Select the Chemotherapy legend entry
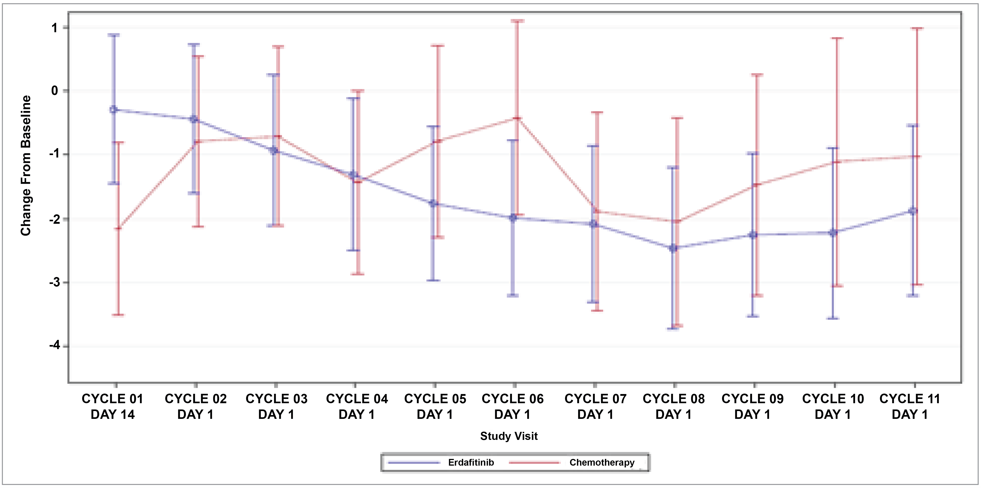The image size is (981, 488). (602, 462)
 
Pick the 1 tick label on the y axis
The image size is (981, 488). (55, 28)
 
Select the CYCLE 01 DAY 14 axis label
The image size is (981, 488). (113, 407)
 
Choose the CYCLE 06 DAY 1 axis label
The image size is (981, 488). (513, 407)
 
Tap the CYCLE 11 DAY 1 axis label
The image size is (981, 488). (910, 407)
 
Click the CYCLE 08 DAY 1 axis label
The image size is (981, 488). (674, 407)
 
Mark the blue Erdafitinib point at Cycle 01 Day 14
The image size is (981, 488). (114, 110)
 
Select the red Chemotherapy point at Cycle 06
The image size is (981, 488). (517, 118)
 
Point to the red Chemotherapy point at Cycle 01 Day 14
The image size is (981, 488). (118, 228)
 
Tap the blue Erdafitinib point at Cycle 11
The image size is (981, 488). (913, 211)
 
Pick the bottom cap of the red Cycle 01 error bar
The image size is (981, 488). (118, 315)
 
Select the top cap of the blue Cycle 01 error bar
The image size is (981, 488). (114, 35)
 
